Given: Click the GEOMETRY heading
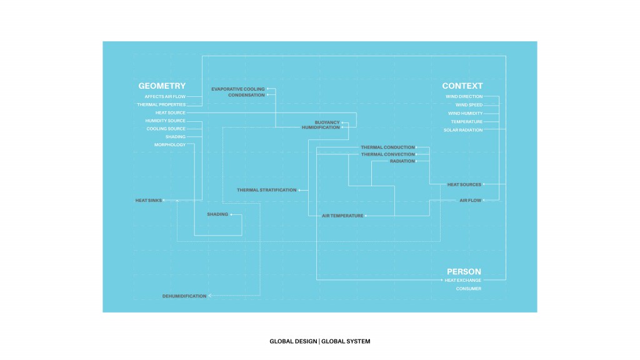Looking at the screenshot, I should tap(162, 86).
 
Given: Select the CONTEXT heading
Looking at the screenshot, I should tap(462, 86).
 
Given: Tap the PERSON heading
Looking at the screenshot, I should tap(464, 272).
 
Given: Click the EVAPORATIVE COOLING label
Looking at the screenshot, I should tap(238, 89).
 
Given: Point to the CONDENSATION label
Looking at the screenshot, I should tap(246, 96).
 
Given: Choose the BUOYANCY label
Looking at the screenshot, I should tap(327, 122).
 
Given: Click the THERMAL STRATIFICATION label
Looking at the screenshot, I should tap(267, 190).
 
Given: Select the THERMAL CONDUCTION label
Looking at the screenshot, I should tap(387, 147).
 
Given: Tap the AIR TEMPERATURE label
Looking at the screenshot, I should tap(342, 216).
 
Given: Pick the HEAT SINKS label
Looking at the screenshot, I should tap(149, 201).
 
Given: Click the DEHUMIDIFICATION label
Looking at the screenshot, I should tap(184, 296).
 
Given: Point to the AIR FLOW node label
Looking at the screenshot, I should tap(470, 201).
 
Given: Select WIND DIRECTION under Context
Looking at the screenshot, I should tap(464, 97).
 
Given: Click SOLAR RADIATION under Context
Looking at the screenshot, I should tap(463, 130).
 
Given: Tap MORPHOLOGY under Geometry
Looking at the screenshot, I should tap(170, 145).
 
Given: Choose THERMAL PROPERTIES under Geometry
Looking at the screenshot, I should tap(161, 105).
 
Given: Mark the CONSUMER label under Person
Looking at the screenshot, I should tap(469, 289).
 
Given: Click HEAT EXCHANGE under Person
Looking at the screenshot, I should tap(463, 281).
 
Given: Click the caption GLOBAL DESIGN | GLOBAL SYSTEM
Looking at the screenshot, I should tap(320, 342).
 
